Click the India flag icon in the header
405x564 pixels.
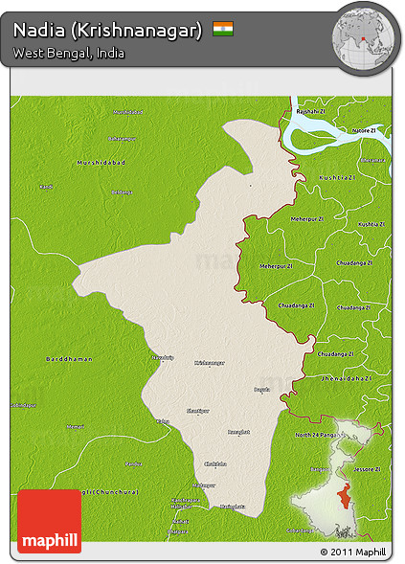click(223, 30)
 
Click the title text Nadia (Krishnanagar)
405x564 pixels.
click(107, 31)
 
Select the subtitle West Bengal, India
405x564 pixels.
click(69, 54)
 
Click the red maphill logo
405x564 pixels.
click(49, 521)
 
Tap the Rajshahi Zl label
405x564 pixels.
click(310, 112)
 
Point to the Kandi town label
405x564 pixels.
click(46, 187)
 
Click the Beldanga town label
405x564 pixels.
click(122, 192)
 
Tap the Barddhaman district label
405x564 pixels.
click(70, 358)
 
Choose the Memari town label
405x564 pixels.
click(76, 426)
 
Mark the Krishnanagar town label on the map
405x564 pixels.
click(210, 363)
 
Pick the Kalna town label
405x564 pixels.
click(163, 421)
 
